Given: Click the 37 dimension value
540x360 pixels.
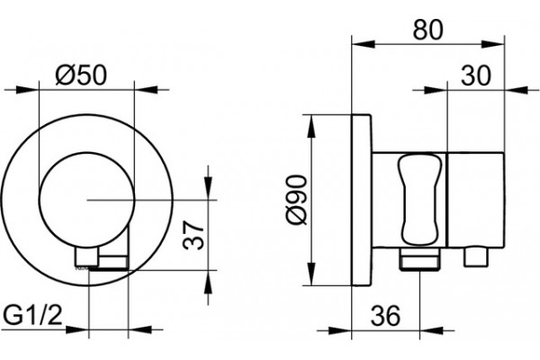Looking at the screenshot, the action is [193, 236].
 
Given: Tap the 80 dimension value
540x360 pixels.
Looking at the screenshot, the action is [427, 30].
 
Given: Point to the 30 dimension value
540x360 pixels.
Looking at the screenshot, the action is [475, 76].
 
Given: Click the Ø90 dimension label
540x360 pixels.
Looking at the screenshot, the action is [296, 200].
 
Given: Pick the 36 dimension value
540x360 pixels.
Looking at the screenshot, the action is [386, 315].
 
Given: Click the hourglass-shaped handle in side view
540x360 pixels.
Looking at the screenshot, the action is [419, 201].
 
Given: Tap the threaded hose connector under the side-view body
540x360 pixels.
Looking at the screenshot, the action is [420, 258].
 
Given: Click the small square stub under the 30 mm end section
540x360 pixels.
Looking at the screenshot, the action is [476, 256].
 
